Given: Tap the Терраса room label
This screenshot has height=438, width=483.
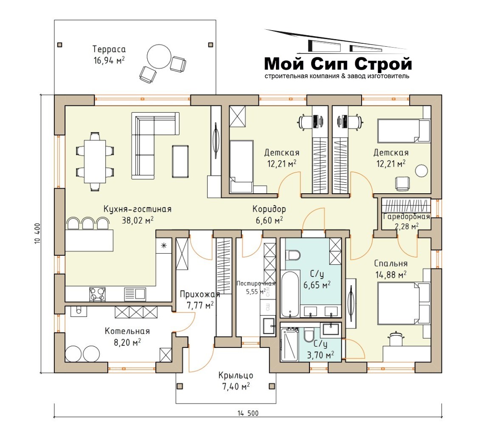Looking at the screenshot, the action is pos(109,49).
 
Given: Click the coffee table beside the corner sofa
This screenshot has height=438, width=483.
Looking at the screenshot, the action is pos(180,161).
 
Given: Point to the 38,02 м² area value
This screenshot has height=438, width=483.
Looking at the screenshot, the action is pos(138,220).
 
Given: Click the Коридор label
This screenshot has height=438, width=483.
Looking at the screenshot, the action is pos(269,209).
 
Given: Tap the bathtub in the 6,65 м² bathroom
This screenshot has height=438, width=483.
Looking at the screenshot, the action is pos(290,294).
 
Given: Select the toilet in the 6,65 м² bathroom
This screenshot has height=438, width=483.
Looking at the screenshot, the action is pos(292,255).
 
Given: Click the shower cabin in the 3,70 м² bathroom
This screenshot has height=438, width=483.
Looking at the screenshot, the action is pos(289,344).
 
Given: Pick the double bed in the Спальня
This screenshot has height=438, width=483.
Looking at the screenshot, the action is pos(404,303).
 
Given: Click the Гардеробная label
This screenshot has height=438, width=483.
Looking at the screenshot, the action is pos(406,217).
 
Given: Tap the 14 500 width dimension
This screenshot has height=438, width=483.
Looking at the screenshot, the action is pos(248,413).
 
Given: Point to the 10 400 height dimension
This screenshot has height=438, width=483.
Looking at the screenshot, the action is pos(37,233).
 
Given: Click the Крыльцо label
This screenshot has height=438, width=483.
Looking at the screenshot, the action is pos(236,375).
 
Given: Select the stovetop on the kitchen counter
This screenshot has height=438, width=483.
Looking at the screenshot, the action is pos(97,294).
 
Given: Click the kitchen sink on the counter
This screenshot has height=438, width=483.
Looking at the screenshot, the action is pos(135,294).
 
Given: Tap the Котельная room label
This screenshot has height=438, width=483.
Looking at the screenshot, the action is pos(127,331).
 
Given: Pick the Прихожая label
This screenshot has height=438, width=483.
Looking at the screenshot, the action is pos(200,294).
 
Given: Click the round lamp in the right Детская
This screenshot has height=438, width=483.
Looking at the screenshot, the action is pos(421,171).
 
